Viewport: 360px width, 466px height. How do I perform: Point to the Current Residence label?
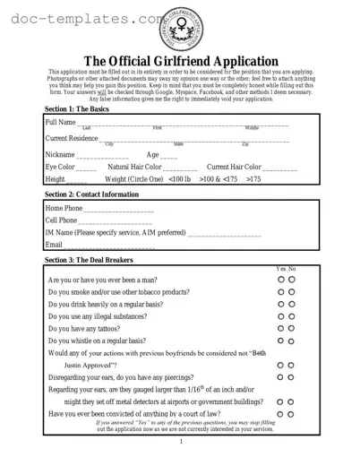(72, 138)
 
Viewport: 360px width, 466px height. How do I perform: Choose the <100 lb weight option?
(179, 179)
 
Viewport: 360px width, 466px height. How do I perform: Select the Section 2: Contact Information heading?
(91, 194)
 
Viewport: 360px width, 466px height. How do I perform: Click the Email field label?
(54, 244)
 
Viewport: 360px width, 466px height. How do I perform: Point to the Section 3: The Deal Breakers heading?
(88, 260)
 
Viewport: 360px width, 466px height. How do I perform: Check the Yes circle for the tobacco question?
(281, 291)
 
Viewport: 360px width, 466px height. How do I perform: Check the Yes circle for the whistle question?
(281, 341)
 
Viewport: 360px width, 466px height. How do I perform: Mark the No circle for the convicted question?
(292, 414)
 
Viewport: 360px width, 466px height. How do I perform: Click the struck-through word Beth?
(260, 353)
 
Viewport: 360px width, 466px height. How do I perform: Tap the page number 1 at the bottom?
(180, 441)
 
